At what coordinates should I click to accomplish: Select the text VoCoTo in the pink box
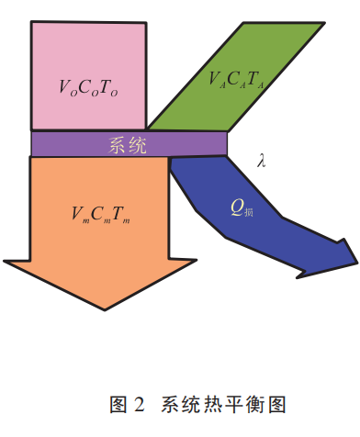coord(88,88)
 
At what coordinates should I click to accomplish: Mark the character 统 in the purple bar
coord(139,144)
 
